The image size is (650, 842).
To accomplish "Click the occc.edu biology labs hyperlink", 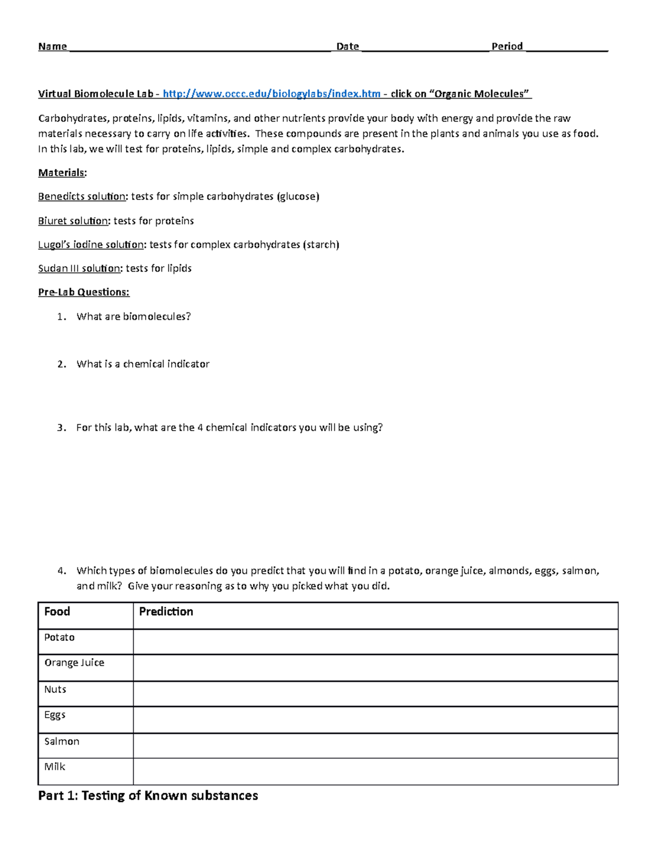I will point(271,94).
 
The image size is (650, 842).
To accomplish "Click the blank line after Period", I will point(567,48).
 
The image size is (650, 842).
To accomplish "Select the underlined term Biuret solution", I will point(73,221).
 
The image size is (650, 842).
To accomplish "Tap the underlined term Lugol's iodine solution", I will point(91,245).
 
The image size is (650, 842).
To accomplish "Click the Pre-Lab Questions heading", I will point(84,292).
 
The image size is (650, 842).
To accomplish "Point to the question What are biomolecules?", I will point(134,317).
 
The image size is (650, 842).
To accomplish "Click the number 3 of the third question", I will point(61,428).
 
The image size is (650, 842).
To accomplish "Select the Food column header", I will point(57,612).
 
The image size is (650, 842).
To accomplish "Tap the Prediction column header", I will point(166,612).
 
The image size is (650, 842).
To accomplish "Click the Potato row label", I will point(59,638).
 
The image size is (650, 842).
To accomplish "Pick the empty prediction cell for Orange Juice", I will point(375,667).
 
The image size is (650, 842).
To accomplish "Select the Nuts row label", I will point(55,690).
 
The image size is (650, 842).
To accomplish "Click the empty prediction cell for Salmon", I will point(375,745).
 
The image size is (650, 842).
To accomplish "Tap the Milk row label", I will point(55,767).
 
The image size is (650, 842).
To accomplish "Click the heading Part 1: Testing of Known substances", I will point(148,796).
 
